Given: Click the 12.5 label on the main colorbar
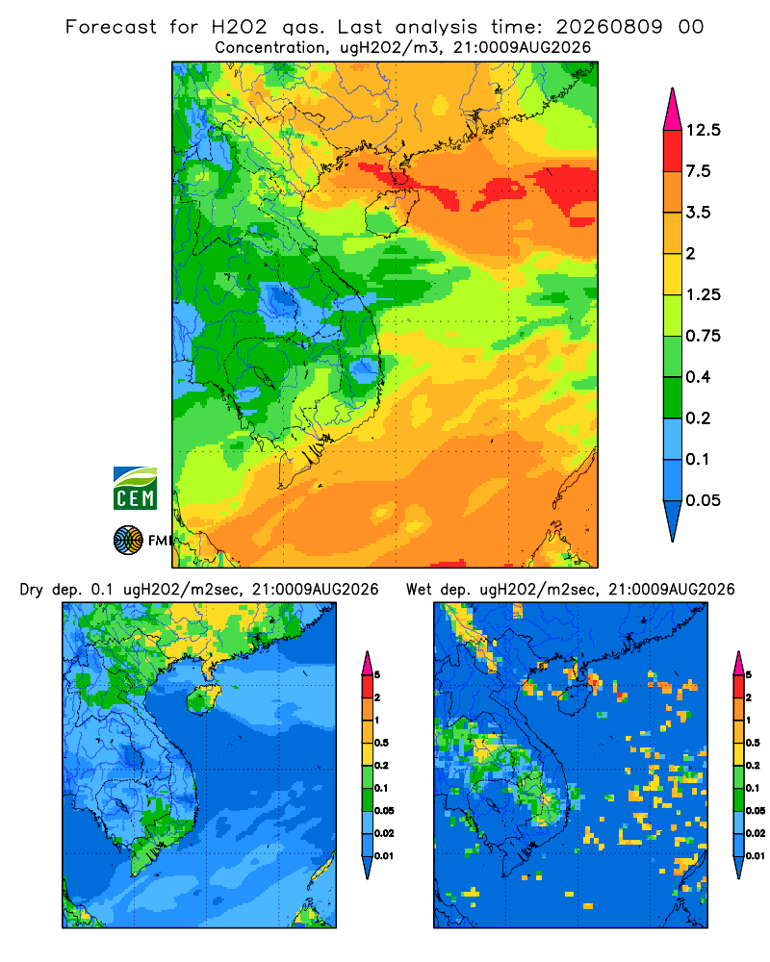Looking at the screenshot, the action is [703, 130].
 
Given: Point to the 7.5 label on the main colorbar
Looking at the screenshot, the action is [698, 171].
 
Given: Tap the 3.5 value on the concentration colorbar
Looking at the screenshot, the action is [698, 213].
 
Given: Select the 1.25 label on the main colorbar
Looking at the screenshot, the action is [703, 294].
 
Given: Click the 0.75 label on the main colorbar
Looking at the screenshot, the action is [703, 336].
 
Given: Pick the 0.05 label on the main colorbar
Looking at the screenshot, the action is [703, 500].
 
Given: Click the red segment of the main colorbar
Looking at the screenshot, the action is [673, 150].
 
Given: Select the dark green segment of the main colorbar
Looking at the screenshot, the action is [673, 397].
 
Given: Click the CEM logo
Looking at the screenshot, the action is [135, 489].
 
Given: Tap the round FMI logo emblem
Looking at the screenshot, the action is [128, 541].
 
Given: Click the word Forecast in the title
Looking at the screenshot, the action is [111, 27].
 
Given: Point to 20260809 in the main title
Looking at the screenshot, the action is [609, 27].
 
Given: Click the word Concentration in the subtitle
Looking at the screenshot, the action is [269, 47].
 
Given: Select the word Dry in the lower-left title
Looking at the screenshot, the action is [32, 590].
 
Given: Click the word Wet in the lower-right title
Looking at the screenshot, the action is [420, 590].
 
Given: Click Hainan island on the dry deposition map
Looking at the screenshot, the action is [204, 699].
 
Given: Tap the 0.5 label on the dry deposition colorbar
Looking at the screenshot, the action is [381, 743].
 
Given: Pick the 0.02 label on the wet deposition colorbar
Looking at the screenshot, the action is [756, 833].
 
